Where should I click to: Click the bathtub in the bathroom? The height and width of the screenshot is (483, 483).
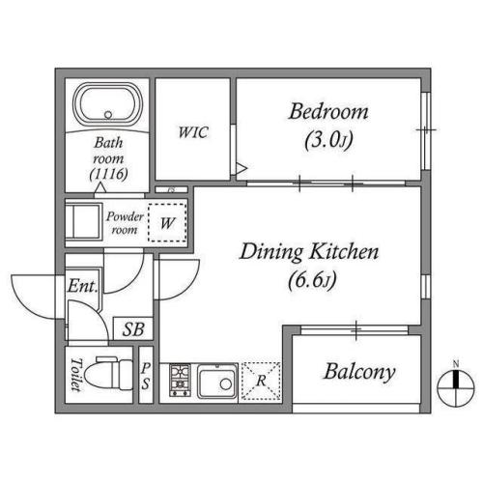pos(108,104)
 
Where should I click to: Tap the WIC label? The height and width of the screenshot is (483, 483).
pos(193,132)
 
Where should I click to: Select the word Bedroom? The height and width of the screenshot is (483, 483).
pos(328,111)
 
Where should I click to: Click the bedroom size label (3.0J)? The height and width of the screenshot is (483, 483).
pos(328,140)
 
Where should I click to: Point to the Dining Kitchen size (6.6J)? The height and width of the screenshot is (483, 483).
pos(312,280)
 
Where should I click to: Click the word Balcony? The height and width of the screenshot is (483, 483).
pos(359,372)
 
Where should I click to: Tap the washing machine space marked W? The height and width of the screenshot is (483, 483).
pos(167,222)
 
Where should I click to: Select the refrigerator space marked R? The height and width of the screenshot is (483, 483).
pos(261,382)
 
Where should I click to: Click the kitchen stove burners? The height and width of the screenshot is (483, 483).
pos(180,380)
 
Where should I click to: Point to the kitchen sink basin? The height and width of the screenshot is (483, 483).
pos(216,382)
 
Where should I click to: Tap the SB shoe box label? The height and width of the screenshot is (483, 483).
pos(133,329)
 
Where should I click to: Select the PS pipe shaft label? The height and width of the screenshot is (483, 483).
pos(146,376)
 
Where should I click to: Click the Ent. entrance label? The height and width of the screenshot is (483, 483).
pos(82,286)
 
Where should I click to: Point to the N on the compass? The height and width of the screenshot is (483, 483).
pos(456,364)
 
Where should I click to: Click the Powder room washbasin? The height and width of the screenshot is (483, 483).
pos(84,221)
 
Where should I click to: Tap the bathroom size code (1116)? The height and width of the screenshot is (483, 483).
pos(109,174)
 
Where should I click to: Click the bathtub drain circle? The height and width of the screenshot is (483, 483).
pos(108,115)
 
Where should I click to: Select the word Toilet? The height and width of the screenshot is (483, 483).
pos(75,374)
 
